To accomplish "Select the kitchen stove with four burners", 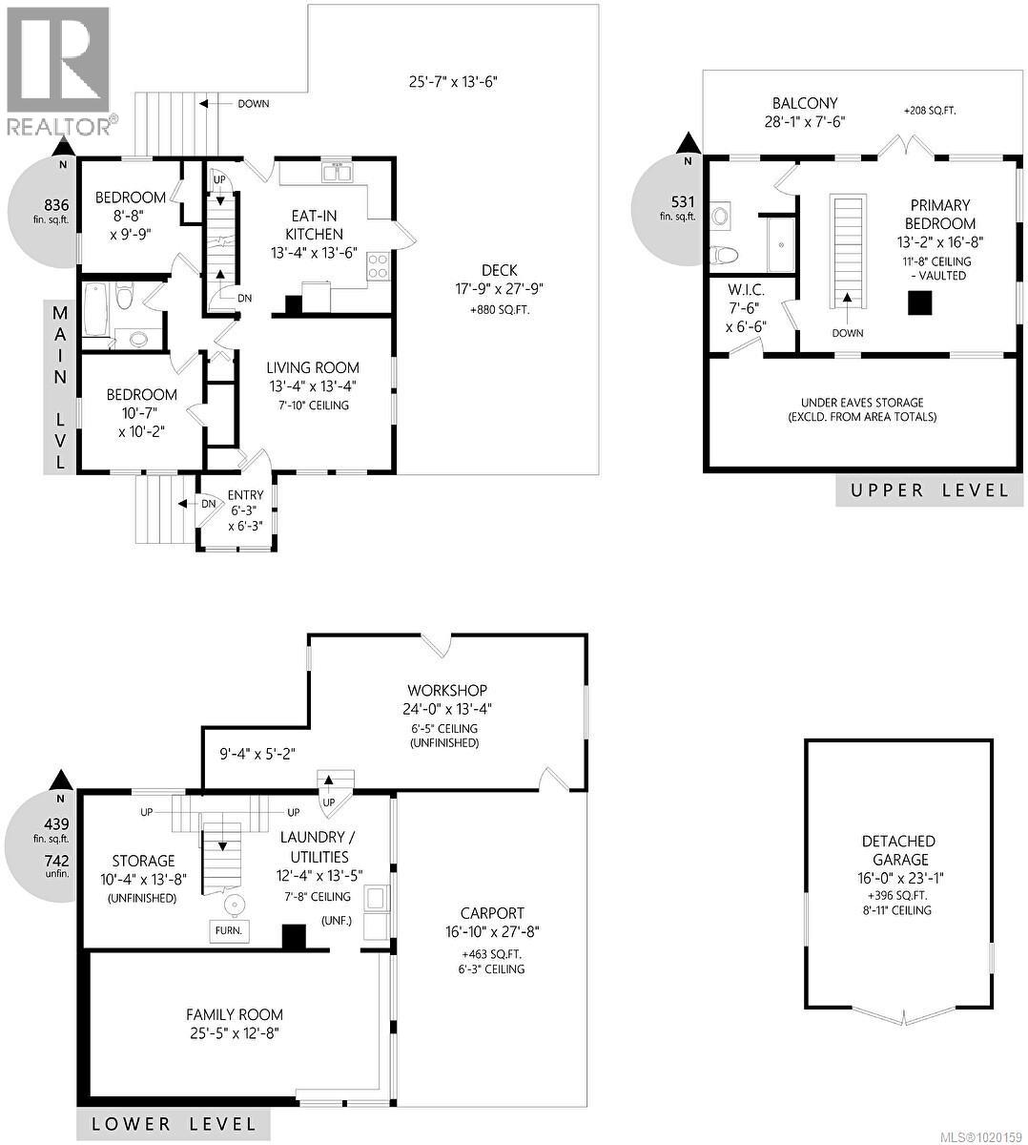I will click(379, 264).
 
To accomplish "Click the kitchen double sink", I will click(337, 173).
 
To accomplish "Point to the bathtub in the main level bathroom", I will click(96, 308).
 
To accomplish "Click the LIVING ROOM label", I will click(313, 367).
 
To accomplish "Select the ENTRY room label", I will click(246, 496).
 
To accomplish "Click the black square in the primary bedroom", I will click(919, 302).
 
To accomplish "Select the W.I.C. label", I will click(747, 289).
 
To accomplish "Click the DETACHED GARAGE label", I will click(898, 850).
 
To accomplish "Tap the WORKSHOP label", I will click(447, 690).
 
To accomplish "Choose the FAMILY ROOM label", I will click(235, 1014).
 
